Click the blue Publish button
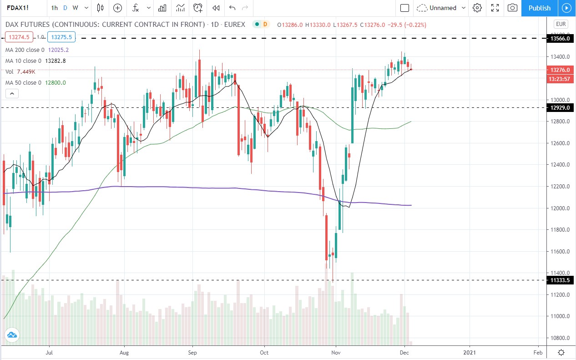[x=539, y=8]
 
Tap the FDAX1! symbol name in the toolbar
[x=21, y=8]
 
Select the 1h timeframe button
[x=55, y=8]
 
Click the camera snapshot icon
[x=512, y=8]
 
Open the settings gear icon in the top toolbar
[x=477, y=8]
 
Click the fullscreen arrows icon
[x=495, y=8]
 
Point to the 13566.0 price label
[x=560, y=39]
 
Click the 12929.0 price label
[x=560, y=108]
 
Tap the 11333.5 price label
[x=560, y=280]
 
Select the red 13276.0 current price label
[x=560, y=70]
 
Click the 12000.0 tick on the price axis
[x=560, y=208]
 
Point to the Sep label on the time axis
[x=192, y=352]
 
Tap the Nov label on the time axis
[x=336, y=352]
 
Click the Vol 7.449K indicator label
[x=20, y=71]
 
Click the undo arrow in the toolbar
[x=232, y=8]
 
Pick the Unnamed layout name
[x=442, y=8]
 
